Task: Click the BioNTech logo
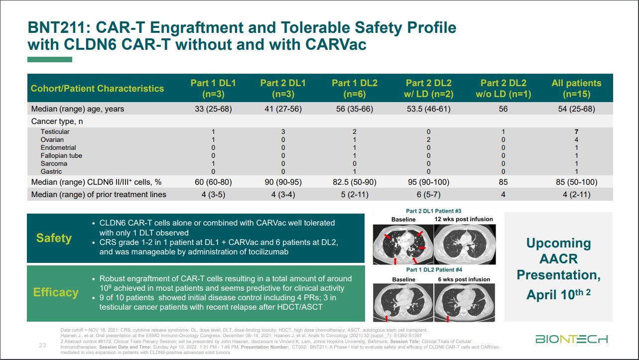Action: coord(571,340)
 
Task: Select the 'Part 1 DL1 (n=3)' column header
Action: coord(213,88)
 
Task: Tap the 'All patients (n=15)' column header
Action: coord(576,88)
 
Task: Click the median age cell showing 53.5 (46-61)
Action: coord(428,109)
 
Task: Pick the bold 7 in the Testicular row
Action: coord(576,132)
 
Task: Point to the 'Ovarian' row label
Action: coord(52,140)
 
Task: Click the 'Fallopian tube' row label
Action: coord(61,156)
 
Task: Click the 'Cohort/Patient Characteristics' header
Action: coord(97,89)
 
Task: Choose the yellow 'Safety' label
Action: coord(54,238)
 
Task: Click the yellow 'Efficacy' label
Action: coord(56,292)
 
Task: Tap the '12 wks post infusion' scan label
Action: coord(463,219)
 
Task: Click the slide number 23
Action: coord(43,345)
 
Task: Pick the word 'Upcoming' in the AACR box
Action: coord(558,243)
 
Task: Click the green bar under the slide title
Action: coord(50,59)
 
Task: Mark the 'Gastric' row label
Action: coord(51,172)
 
